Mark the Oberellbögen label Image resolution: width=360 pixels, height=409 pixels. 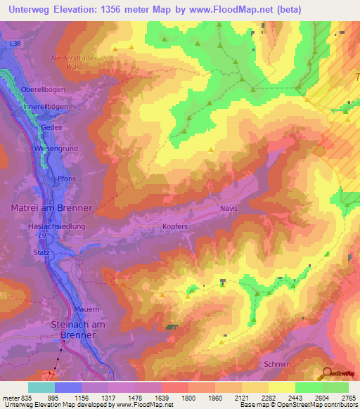(42, 90)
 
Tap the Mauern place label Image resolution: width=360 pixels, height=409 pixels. (88, 309)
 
